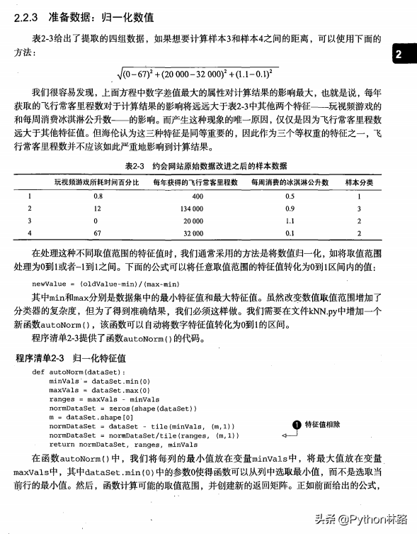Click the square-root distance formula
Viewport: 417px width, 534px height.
pyautogui.click(x=198, y=73)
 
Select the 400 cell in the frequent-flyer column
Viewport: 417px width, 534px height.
pyautogui.click(x=197, y=195)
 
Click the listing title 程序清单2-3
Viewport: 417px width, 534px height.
pyautogui.click(x=42, y=358)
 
